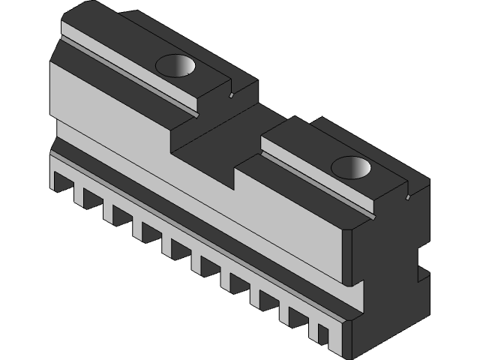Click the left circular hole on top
coord(177,68)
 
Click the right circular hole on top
coord(352,166)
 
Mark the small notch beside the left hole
coord(232,95)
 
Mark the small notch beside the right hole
coord(406,197)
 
